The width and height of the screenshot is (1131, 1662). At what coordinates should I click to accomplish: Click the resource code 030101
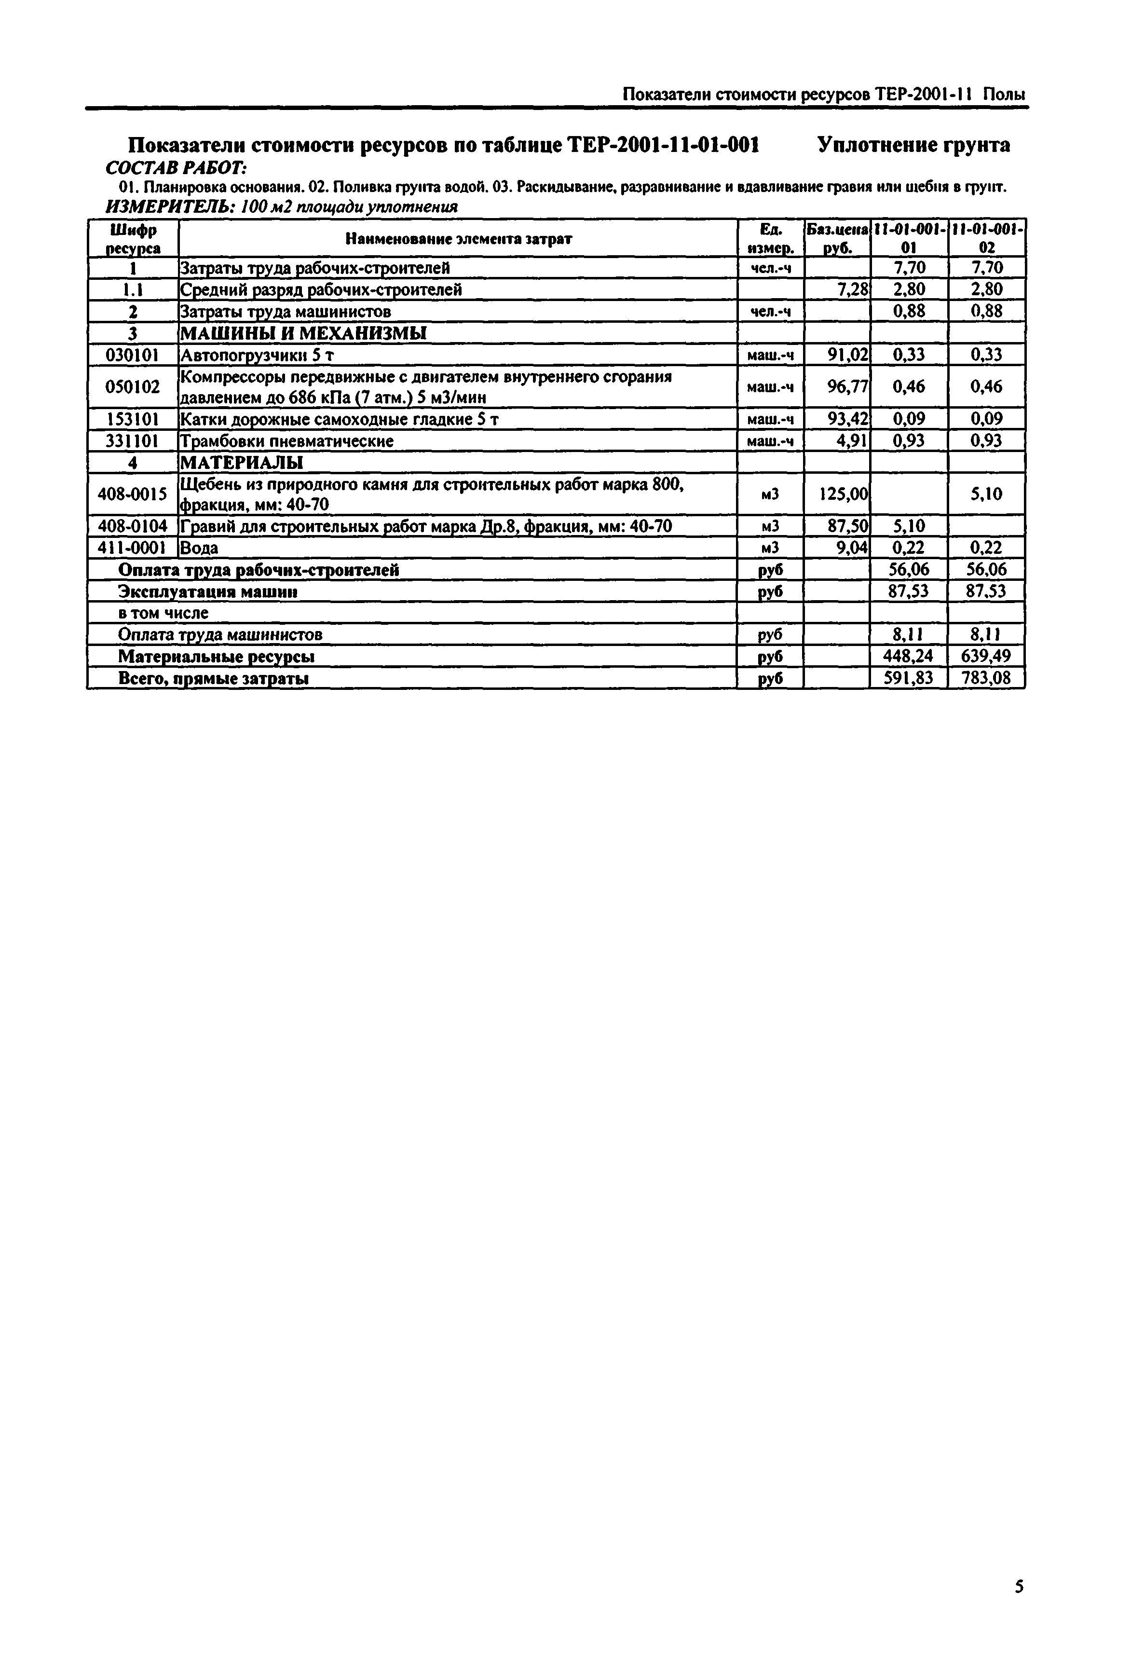pyautogui.click(x=132, y=355)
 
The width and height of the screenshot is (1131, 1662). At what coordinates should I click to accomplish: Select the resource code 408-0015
pyautogui.click(x=132, y=494)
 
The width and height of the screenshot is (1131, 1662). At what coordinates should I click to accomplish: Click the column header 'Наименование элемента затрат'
pyautogui.click(x=458, y=239)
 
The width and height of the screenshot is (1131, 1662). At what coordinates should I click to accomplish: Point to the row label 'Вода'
pyautogui.click(x=200, y=548)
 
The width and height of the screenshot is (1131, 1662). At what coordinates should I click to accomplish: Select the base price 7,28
pyautogui.click(x=853, y=289)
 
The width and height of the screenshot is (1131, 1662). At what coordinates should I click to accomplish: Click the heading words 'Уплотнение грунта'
pyautogui.click(x=913, y=145)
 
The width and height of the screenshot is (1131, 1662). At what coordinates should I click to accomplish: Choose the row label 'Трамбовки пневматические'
pyautogui.click(x=286, y=440)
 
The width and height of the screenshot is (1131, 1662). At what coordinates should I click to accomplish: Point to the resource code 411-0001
pyautogui.click(x=132, y=548)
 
